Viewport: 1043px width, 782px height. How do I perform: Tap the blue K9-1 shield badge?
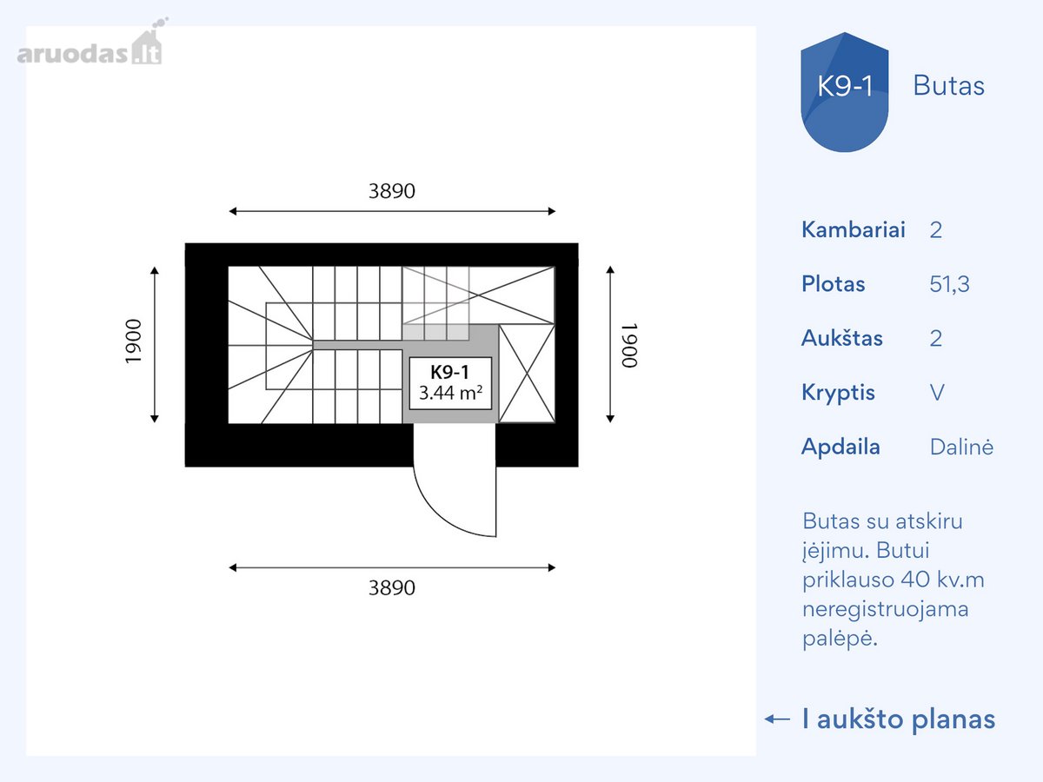coord(844,92)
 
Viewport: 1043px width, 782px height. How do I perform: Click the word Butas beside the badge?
coord(948,86)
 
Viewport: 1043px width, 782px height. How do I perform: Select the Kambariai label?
coord(853,229)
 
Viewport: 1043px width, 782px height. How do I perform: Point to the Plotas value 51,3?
coord(949,284)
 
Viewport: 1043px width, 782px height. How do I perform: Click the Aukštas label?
coord(841,338)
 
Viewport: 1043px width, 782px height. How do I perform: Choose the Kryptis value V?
coord(937,393)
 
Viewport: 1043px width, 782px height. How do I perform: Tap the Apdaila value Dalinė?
coord(961,447)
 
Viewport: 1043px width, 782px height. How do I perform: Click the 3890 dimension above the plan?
coord(392,191)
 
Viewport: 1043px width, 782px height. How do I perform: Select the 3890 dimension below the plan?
coord(392,588)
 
